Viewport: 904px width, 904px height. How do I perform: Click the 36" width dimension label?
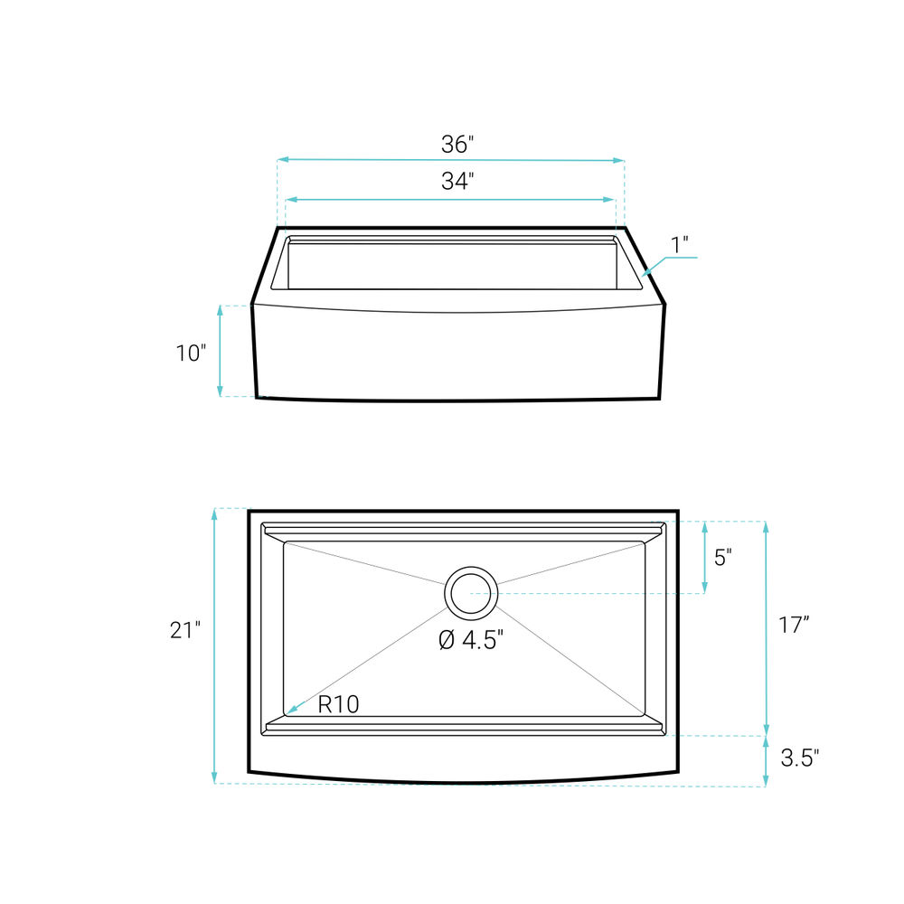[x=457, y=144]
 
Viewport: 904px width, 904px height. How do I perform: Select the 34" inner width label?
[x=457, y=181]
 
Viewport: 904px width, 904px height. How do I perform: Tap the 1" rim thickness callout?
[x=680, y=245]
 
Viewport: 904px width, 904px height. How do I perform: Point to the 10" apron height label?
[x=191, y=353]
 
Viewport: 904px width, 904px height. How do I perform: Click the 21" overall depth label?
[x=185, y=630]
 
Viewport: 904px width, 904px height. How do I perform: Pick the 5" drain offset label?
[x=723, y=558]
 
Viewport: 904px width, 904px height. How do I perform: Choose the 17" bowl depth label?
[x=794, y=625]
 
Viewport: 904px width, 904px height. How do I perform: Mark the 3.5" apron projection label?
[x=800, y=758]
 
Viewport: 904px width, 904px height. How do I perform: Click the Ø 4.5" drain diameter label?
[x=471, y=640]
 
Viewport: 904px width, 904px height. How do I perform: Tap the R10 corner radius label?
[x=338, y=704]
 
